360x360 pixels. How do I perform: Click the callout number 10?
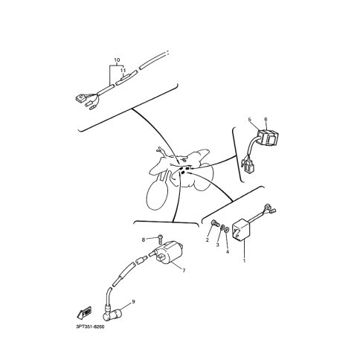point(117,60)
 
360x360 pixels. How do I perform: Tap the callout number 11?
point(123,71)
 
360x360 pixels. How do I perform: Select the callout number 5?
point(250,120)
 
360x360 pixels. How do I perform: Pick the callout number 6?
point(266,119)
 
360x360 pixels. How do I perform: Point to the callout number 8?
point(144,240)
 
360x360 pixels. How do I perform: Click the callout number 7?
point(184,271)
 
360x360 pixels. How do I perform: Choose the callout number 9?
point(133,301)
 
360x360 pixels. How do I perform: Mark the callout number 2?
point(208,240)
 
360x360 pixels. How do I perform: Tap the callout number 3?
point(218,245)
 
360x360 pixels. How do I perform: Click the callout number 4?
point(228,252)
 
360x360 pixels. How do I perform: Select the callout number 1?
point(244,260)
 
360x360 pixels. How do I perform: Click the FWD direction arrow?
point(84,312)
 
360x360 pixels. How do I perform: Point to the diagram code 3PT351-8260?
point(90,327)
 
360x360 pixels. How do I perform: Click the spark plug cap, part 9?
point(112,313)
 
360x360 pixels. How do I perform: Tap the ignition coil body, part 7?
point(170,252)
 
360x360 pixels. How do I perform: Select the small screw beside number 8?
point(161,239)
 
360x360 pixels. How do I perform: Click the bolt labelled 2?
point(215,222)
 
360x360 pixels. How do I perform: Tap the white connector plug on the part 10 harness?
point(80,98)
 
